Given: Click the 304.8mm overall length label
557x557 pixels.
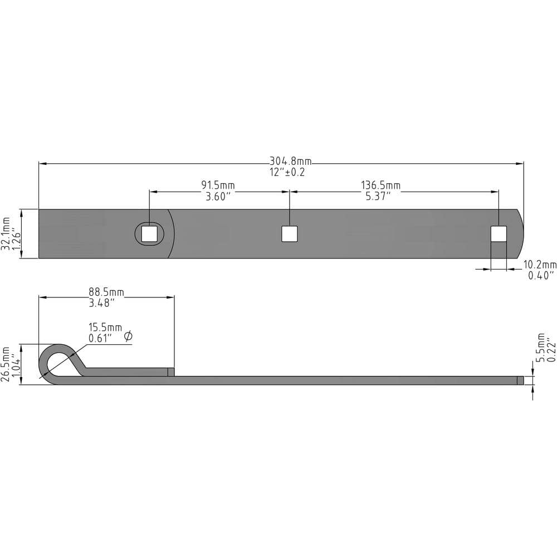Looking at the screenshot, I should coord(290,161).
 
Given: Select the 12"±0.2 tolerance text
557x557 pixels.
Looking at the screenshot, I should coord(287,172).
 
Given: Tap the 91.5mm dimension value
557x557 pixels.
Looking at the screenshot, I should coord(218,185).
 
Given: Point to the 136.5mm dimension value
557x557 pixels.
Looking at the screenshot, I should coord(380,185).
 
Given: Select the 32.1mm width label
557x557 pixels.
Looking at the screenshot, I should coord(6,234).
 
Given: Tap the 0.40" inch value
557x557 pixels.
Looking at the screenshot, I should coord(541,275).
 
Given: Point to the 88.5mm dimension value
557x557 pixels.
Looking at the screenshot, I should coord(106,292).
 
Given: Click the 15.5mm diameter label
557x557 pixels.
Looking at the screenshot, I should coord(105,328).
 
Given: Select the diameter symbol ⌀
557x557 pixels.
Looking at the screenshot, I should coord(128,336).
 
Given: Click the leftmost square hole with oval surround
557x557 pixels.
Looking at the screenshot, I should coord(149,234).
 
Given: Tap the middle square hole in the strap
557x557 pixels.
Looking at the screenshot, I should coord(289,234).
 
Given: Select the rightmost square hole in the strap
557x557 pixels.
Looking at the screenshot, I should coord(499,234).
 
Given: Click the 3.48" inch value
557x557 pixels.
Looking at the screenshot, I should coord(102,303).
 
